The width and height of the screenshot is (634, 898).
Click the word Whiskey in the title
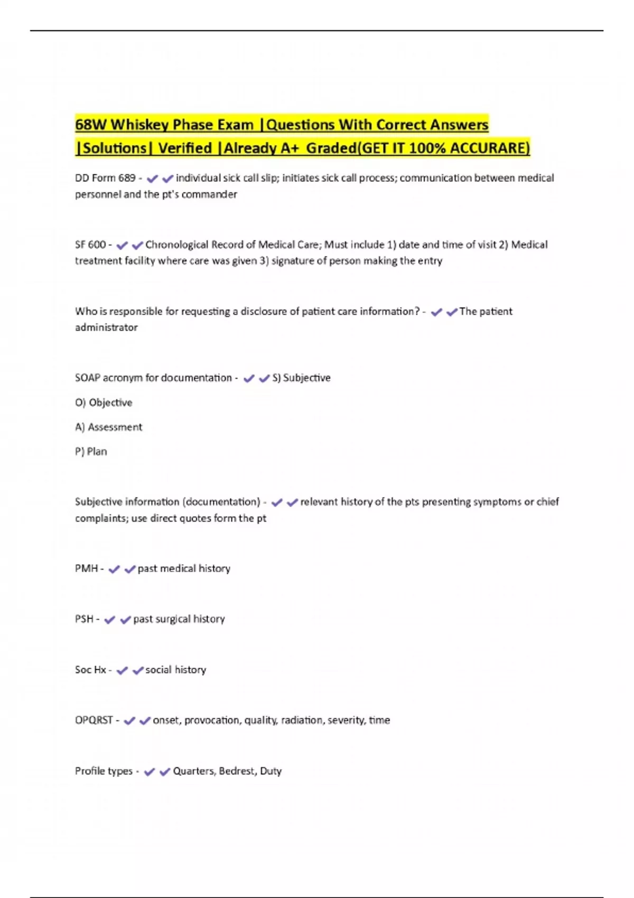(x=139, y=125)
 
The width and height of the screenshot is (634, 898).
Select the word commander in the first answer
(x=209, y=194)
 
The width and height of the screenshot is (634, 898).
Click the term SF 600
(x=90, y=245)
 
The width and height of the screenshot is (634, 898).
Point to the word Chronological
(x=176, y=245)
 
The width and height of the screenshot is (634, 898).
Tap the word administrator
(x=106, y=328)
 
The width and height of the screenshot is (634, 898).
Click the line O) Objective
(x=104, y=403)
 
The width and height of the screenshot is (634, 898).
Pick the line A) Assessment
(x=108, y=427)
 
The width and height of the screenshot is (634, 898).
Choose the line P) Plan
(x=91, y=452)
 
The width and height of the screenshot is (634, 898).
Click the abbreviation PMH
(x=86, y=568)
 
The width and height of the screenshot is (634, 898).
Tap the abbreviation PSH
(x=84, y=619)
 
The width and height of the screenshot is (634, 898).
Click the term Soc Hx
(x=90, y=670)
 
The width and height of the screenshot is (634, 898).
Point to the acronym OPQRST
(x=94, y=720)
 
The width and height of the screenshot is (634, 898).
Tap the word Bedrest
(x=237, y=771)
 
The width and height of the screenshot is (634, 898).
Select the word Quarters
(x=194, y=771)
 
